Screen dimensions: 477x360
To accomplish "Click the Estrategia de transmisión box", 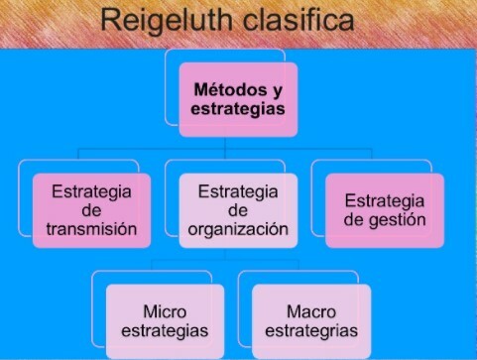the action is (90, 210).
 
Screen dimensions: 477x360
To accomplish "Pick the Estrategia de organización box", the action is (237, 210).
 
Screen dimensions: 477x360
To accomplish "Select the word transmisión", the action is (90, 230).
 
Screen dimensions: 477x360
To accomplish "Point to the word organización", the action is (238, 230).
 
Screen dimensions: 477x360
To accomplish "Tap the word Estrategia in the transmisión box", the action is (90, 189).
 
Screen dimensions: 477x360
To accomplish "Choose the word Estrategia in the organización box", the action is (238, 189).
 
